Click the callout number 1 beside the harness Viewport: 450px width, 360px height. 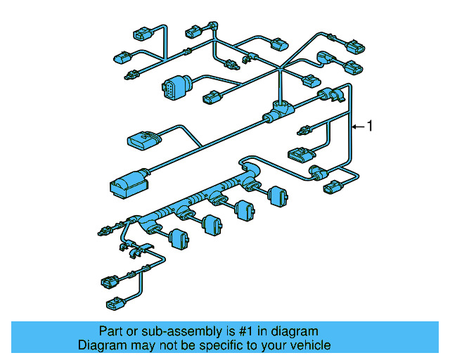pyautogui.click(x=371, y=127)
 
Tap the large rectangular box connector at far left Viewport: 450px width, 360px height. pyautogui.click(x=127, y=184)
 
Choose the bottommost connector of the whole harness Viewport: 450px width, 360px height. pyautogui.click(x=115, y=304)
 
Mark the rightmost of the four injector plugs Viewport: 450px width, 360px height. pyautogui.click(x=277, y=196)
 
